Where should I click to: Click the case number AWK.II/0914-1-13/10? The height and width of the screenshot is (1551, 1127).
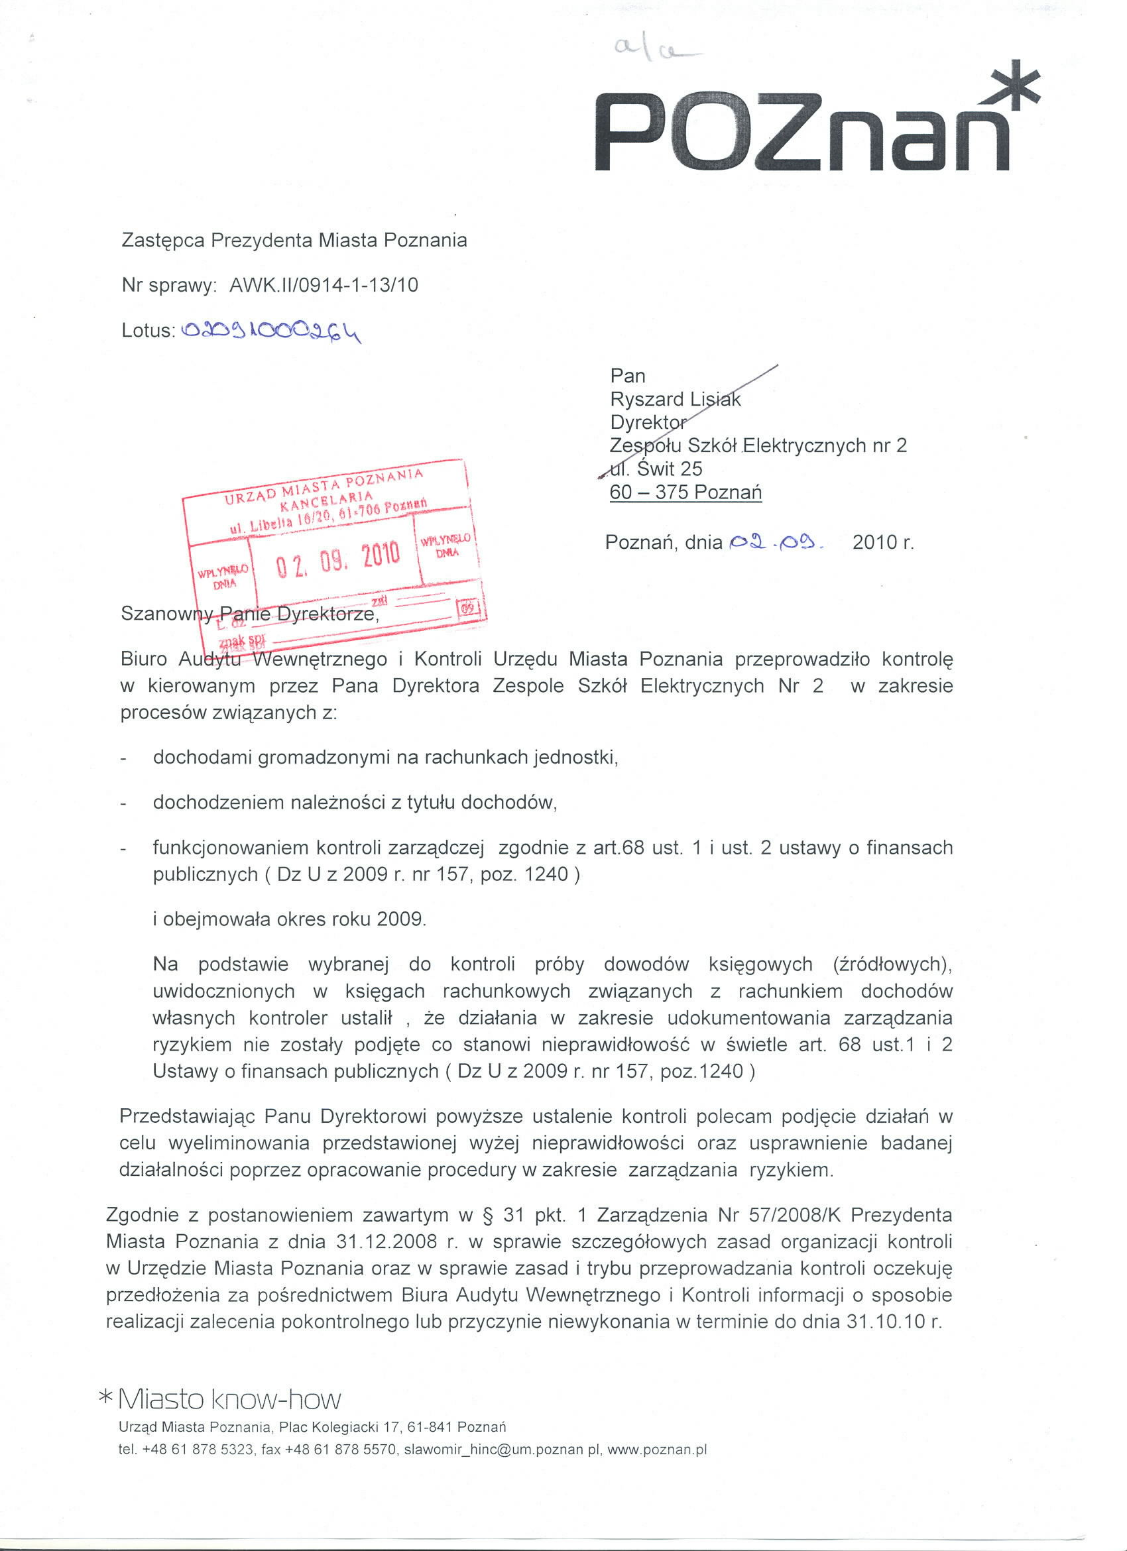coord(324,285)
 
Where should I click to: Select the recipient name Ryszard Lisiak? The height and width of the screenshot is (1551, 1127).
coord(675,400)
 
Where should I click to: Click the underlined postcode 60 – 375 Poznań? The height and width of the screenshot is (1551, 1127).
coord(685,492)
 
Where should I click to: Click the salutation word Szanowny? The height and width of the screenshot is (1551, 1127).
coord(160,613)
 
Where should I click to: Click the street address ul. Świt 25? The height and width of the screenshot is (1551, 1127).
coord(656,469)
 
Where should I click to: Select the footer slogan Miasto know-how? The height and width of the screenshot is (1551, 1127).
coord(229,1399)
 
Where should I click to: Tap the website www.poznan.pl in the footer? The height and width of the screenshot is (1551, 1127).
coord(656,1450)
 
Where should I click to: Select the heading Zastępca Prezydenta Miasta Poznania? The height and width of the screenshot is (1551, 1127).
coord(294,241)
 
